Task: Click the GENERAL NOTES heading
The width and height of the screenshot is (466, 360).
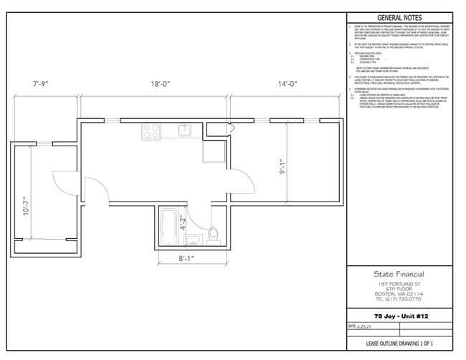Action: (400, 18)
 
